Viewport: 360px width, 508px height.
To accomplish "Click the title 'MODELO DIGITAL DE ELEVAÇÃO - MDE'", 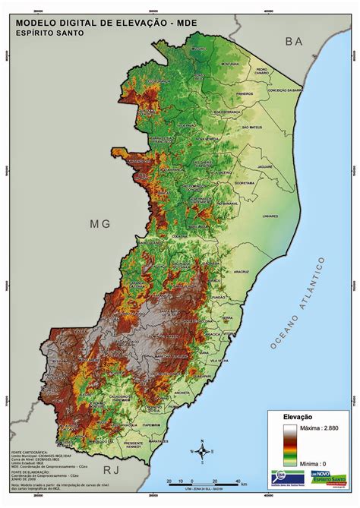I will point(106,24).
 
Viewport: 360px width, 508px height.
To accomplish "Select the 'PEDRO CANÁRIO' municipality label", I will point(262,71).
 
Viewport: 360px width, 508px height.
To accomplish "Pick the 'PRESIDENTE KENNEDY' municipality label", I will point(134,444).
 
